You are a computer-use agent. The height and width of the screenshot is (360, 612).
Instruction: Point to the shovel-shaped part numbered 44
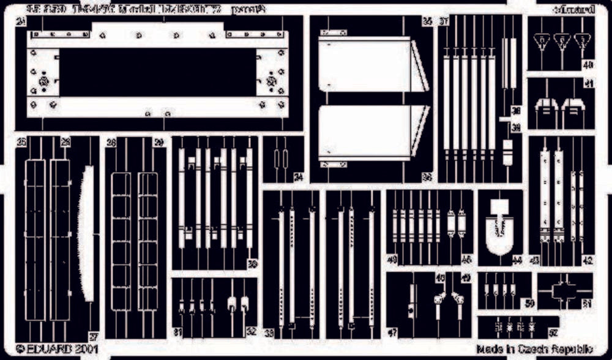[500, 230]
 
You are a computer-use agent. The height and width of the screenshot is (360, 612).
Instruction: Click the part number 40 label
[588, 64]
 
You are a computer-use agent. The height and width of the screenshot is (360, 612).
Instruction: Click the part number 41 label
[588, 85]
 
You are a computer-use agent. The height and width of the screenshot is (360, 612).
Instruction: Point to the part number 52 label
[553, 333]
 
